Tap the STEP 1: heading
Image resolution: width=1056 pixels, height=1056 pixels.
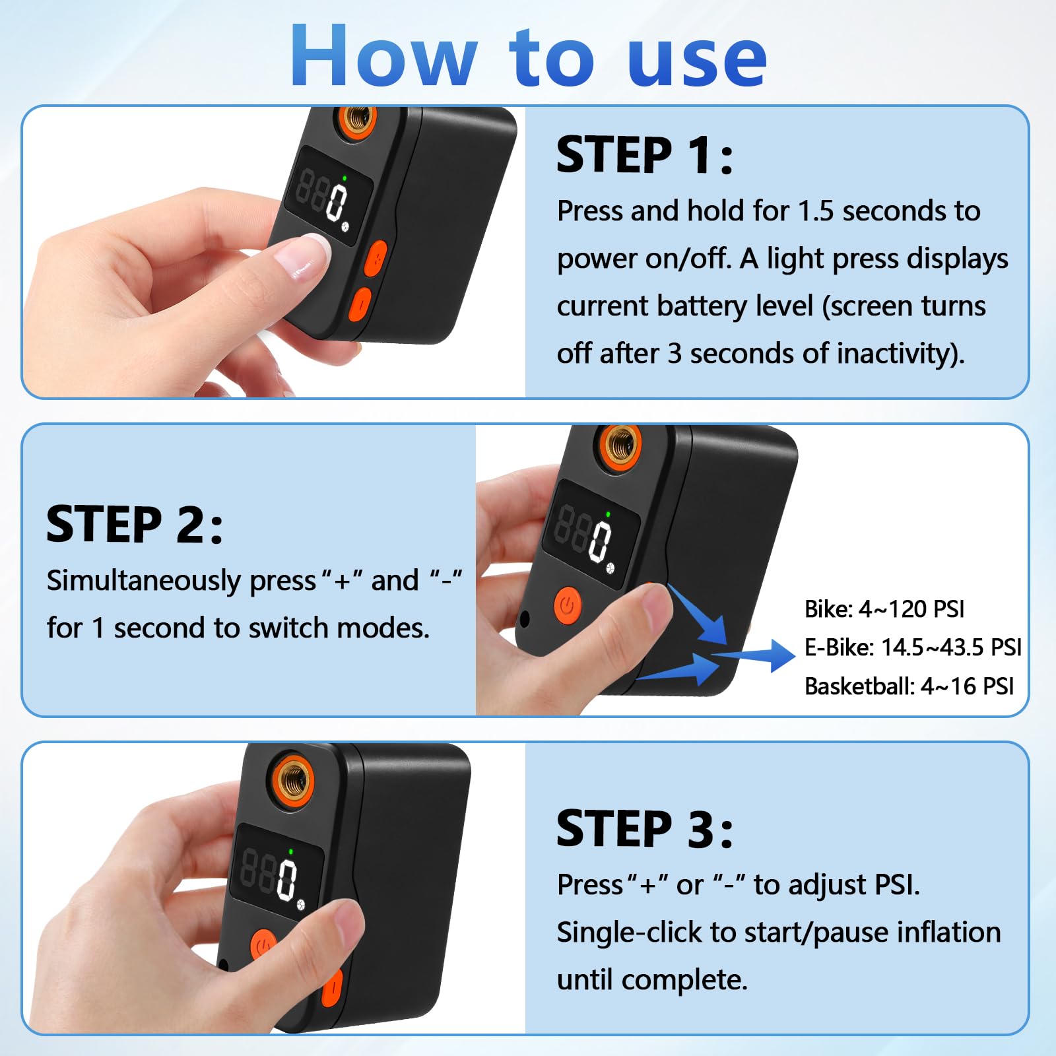644,155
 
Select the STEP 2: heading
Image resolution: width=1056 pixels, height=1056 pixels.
134,524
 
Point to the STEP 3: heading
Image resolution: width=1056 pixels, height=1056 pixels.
644,828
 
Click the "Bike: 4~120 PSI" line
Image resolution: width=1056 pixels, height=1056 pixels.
884,609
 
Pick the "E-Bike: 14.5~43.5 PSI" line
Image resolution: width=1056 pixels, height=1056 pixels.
913,647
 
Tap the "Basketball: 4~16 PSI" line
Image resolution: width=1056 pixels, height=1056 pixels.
909,686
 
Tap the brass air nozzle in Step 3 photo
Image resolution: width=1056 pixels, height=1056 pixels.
294,779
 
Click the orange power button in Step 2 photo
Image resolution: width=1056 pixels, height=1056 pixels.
568,605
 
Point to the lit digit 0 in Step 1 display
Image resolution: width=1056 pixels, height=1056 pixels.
337,202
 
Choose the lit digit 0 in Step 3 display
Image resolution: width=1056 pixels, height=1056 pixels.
287,879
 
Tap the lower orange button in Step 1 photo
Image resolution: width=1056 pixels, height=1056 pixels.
360,304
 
